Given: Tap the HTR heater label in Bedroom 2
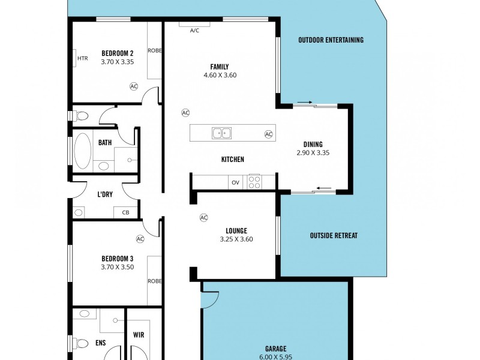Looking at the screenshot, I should [x=83, y=58].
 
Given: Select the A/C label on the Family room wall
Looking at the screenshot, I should [x=194, y=30].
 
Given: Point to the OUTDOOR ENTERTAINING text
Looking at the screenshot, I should [x=331, y=40].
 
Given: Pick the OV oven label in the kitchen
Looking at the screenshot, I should [x=235, y=182].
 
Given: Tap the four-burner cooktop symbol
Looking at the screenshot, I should [x=254, y=181].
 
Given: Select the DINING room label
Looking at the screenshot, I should [x=313, y=144].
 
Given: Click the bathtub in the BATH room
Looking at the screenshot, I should [x=82, y=151].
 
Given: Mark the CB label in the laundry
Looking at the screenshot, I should [x=125, y=212].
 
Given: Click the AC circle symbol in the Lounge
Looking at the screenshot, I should [x=203, y=217].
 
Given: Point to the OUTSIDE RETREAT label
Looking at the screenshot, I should [x=334, y=235].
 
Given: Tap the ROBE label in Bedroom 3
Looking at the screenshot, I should [x=155, y=280].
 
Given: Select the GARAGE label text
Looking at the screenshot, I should [x=275, y=348].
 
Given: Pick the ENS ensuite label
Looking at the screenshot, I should [x=100, y=343].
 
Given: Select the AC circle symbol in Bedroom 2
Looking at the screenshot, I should [x=134, y=86].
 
